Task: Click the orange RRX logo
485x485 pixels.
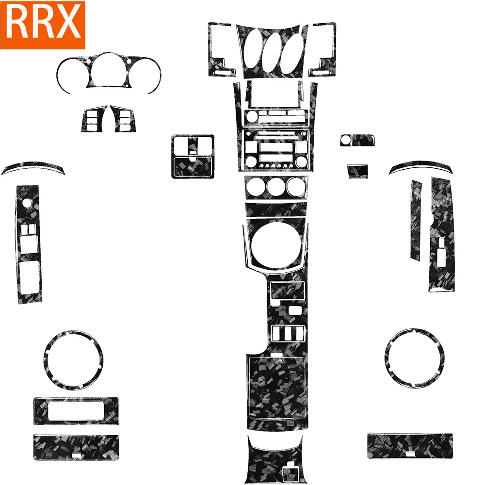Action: (x=43, y=24)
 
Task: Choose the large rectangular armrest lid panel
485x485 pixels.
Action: (x=277, y=388)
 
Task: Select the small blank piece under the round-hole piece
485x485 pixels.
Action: (x=357, y=171)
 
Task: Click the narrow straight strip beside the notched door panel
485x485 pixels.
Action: (x=416, y=221)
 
